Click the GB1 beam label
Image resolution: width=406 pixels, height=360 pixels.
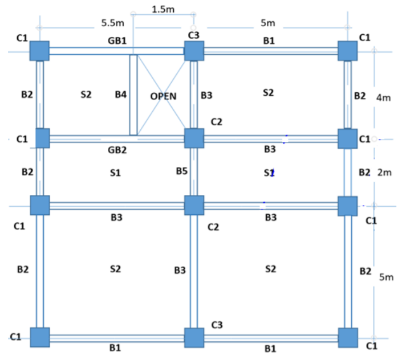117,41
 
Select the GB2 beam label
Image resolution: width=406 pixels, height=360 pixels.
117,150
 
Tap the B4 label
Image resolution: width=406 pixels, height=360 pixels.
120,95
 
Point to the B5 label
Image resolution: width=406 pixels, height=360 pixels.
182,170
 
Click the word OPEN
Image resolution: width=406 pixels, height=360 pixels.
164,96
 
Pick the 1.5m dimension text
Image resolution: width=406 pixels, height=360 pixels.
164,10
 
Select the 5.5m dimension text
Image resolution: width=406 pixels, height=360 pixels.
112,23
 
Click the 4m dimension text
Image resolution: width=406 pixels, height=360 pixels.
384,97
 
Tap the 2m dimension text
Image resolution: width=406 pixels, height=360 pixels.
384,172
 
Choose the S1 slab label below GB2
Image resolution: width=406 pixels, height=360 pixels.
115,173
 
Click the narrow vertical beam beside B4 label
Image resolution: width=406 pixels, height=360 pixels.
133,95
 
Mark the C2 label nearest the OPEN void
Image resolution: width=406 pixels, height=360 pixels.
216,121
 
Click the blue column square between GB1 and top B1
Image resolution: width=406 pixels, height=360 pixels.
194,51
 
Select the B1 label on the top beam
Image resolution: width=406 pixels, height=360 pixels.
268,40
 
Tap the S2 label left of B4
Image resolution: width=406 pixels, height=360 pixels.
86,95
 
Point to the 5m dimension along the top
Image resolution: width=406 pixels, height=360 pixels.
267,23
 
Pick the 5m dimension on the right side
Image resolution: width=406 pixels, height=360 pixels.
386,277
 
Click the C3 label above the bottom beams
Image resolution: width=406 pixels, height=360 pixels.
217,325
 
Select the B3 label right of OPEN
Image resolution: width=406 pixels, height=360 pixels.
206,96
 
